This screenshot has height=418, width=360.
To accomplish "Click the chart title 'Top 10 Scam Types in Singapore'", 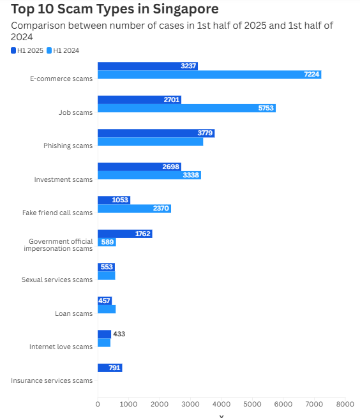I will pos(115,9).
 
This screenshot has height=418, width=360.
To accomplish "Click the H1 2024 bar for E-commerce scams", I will pos(209,75).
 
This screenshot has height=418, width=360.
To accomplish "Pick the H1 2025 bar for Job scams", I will pos(139,100).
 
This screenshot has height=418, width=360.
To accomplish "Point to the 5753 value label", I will pos(266,108).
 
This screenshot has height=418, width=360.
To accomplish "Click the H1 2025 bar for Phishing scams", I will pos(156,133).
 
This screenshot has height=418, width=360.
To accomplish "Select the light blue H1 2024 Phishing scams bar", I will pos(150,142).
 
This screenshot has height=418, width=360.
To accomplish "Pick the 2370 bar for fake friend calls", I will pos(134,209).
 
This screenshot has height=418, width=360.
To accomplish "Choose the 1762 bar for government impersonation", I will pos(124,234).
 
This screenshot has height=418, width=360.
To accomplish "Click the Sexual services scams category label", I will pos(57,280).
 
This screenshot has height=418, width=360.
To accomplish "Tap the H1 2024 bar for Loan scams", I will pos(107,310).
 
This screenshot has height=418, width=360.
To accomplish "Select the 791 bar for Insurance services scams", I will pos(110,368).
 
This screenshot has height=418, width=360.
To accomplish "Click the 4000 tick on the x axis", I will pos(221,403).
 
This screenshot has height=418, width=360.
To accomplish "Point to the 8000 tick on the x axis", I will pos(345,403).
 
